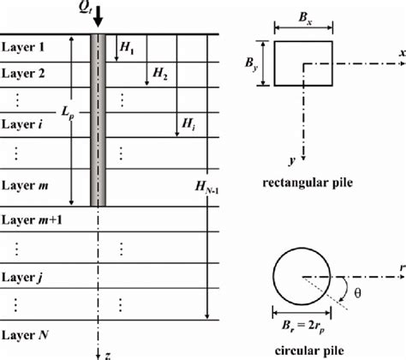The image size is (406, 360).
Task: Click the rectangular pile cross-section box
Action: point(302,64)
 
